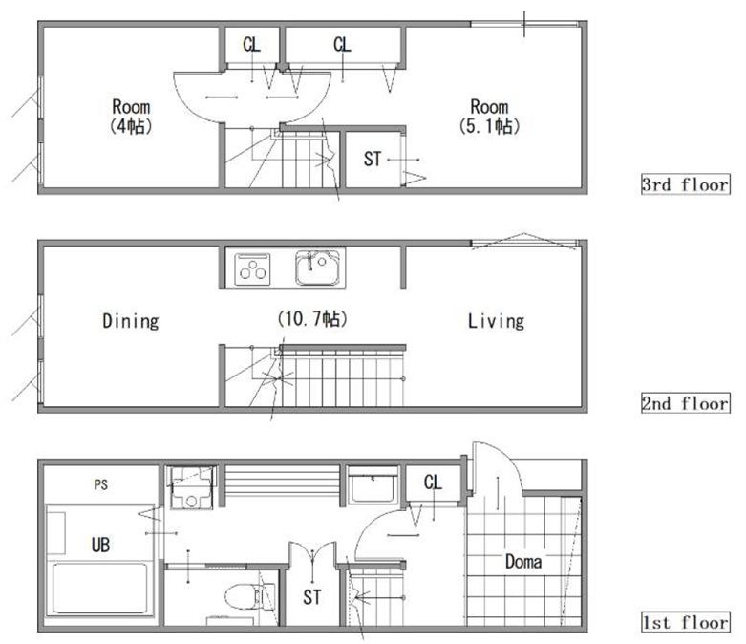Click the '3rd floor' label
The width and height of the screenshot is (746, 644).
pyautogui.click(x=685, y=184)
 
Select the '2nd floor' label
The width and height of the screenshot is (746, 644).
pyautogui.click(x=685, y=403)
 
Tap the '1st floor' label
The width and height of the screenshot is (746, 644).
pyautogui.click(x=685, y=622)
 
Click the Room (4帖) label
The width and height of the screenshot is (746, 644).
pyautogui.click(x=131, y=117)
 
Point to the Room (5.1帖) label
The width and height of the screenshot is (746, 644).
pyautogui.click(x=489, y=117)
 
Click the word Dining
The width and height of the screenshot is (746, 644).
pyautogui.click(x=131, y=321)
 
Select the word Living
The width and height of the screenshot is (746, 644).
pyautogui.click(x=496, y=321)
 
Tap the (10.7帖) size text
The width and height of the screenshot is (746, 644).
pyautogui.click(x=312, y=318)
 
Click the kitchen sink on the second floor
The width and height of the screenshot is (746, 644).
pyautogui.click(x=318, y=268)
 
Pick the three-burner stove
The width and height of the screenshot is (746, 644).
pyautogui.click(x=252, y=268)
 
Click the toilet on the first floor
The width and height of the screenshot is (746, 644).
pyautogui.click(x=244, y=597)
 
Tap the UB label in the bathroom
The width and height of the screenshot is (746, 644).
pyautogui.click(x=100, y=545)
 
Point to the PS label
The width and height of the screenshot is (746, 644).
pyautogui.click(x=101, y=485)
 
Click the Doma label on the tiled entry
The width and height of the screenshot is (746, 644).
pyautogui.click(x=523, y=562)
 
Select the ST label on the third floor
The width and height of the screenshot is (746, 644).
pyautogui.click(x=373, y=159)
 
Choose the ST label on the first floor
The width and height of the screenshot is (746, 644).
pyautogui.click(x=312, y=597)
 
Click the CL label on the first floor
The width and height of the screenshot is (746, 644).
pyautogui.click(x=433, y=483)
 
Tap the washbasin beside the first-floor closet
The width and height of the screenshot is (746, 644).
pyautogui.click(x=373, y=485)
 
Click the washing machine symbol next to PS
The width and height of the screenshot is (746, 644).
pyautogui.click(x=191, y=488)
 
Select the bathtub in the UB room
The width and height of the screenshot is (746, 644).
pyautogui.click(x=100, y=589)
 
